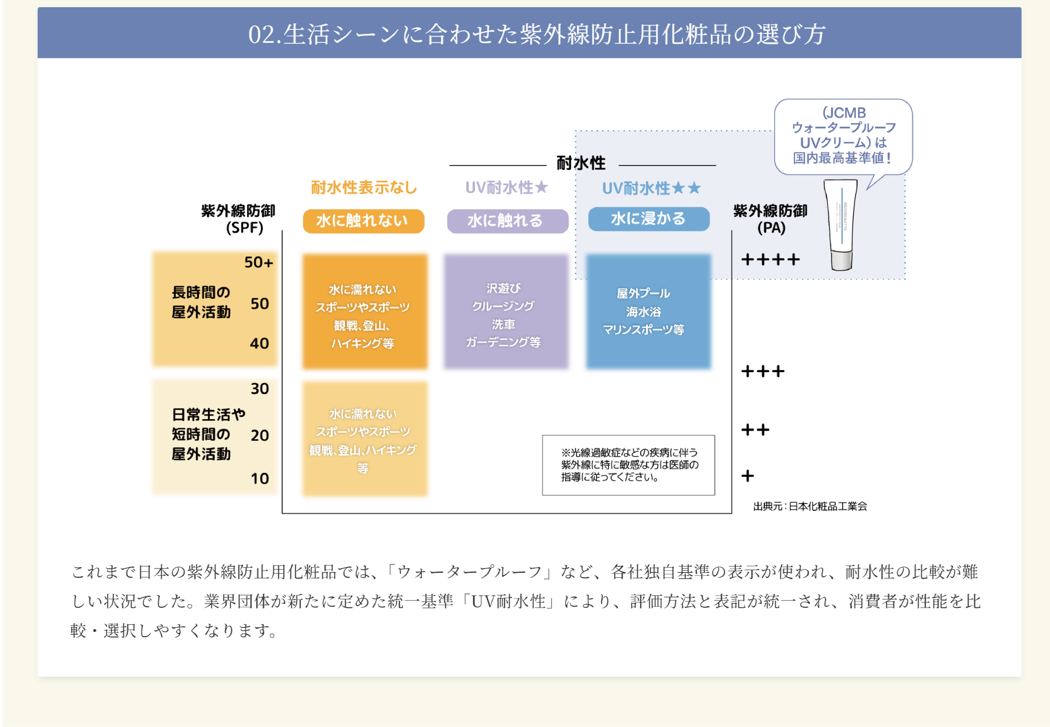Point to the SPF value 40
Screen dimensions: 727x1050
(x=259, y=343)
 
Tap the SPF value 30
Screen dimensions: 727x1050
(x=260, y=388)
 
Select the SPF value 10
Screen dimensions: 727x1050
(x=260, y=478)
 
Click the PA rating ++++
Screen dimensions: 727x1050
(x=770, y=260)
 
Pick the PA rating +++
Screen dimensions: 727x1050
(x=763, y=371)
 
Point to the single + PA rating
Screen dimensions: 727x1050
(x=748, y=476)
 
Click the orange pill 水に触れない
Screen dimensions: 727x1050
(x=363, y=221)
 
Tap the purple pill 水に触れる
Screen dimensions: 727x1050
(x=507, y=221)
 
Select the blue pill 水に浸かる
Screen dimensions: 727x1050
(x=648, y=219)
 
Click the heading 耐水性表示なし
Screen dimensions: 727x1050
(x=364, y=187)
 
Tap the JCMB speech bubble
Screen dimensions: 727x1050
(x=843, y=136)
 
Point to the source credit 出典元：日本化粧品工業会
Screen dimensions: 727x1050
(x=810, y=506)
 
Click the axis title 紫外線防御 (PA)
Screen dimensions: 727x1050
(x=770, y=219)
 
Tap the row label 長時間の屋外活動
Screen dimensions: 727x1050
(x=201, y=302)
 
